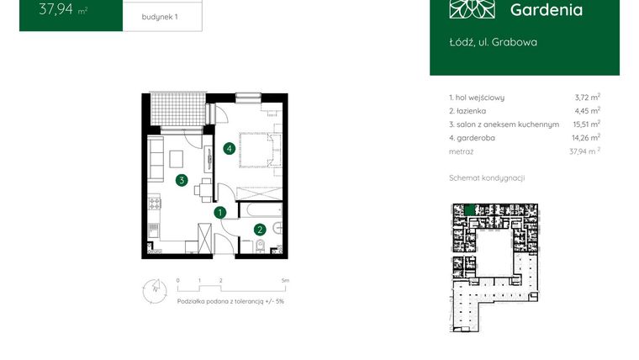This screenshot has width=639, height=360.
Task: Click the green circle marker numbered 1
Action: (x=219, y=213)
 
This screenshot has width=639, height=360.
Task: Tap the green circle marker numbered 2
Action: (x=261, y=228)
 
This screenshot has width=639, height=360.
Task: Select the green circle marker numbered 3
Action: (x=181, y=179)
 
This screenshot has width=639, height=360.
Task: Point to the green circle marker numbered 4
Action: (x=229, y=149)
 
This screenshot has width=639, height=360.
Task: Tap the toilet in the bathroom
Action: (x=260, y=246)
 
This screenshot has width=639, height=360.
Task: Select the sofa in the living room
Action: (x=156, y=159)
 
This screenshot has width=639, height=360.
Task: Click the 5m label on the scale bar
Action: (x=285, y=279)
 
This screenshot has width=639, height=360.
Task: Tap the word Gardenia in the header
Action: (x=546, y=10)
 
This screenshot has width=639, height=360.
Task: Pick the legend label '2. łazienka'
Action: (x=468, y=111)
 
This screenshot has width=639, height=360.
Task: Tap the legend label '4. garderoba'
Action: (x=472, y=137)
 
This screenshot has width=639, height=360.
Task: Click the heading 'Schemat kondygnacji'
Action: (x=488, y=178)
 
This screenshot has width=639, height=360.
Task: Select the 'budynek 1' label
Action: (x=161, y=16)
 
